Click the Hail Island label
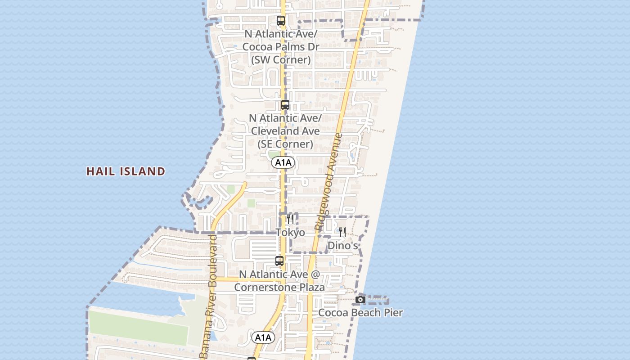(126, 171)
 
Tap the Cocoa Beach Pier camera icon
(360, 300)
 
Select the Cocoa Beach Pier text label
(360, 312)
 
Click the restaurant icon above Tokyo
(290, 220)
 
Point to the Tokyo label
(290, 232)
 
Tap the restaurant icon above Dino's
(342, 232)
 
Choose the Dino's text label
(342, 245)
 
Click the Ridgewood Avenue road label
(328, 182)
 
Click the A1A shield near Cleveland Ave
(283, 162)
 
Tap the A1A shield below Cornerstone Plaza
(263, 337)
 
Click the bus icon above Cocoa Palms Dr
(281, 21)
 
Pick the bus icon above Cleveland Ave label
(285, 105)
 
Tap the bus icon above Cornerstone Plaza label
(279, 261)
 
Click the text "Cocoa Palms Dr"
(280, 47)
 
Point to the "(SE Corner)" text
(285, 144)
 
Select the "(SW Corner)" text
(281, 59)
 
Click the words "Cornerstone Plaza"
(279, 287)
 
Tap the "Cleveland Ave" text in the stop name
(285, 130)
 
